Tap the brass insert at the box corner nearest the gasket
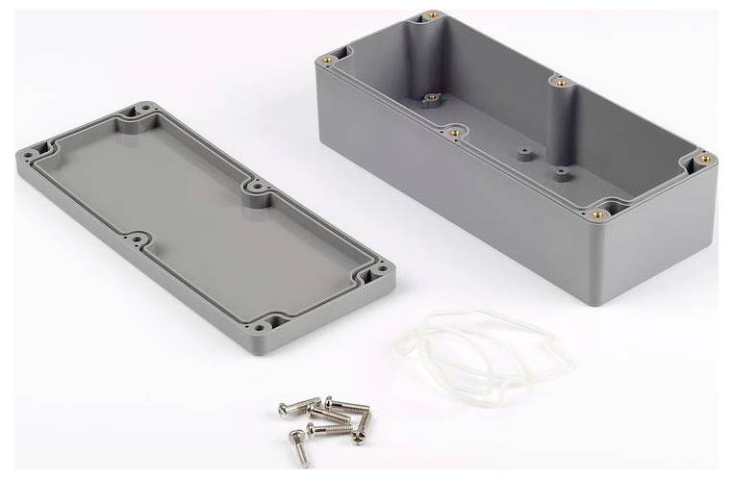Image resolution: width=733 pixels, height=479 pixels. (598, 214)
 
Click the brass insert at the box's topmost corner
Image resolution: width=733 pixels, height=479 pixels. (430, 16)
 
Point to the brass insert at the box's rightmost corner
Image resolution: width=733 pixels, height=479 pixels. (704, 158)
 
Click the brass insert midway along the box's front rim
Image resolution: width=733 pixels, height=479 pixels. (449, 126)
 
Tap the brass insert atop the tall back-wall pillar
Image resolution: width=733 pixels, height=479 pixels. (556, 81)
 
